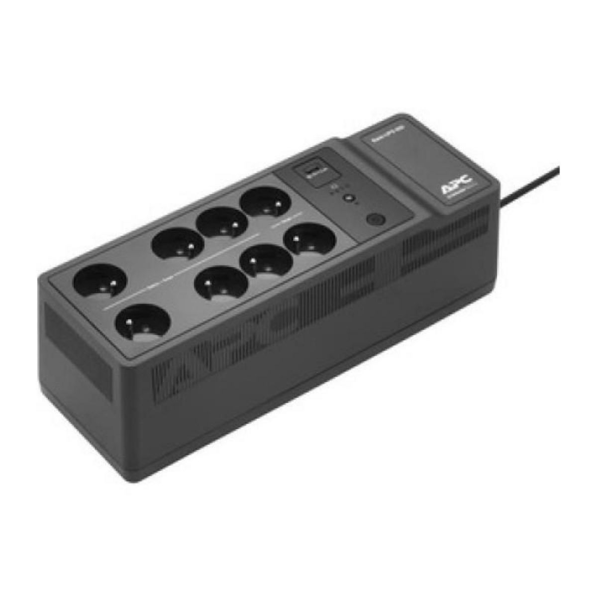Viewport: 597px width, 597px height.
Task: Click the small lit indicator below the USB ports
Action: point(351,198)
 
